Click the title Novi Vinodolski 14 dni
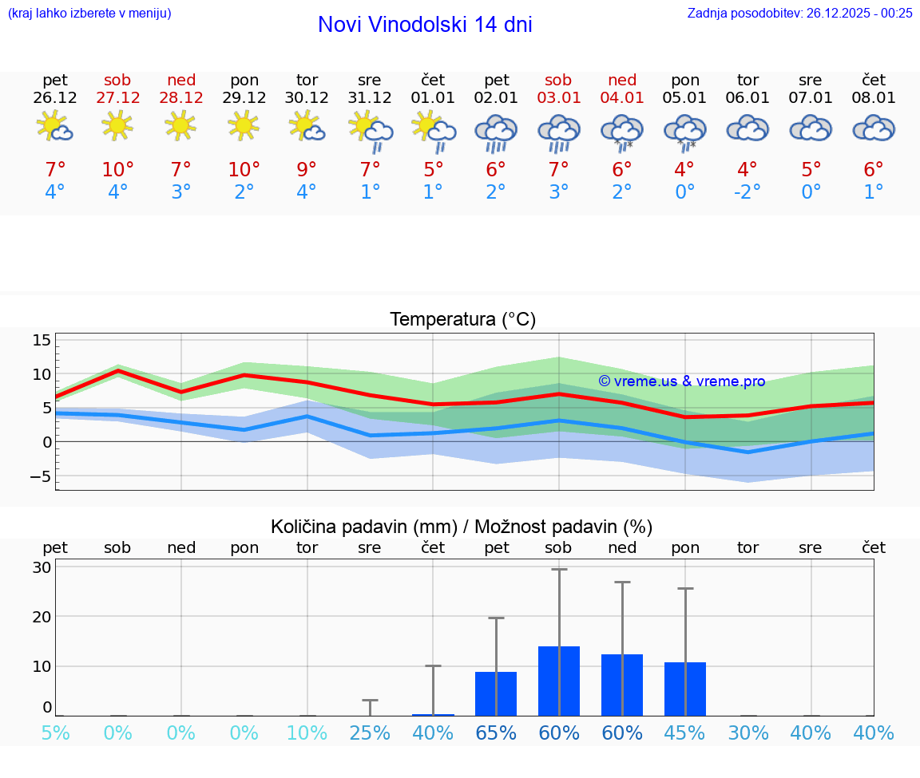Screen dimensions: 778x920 pos(425,25)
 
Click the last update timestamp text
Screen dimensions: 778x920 pos(799,13)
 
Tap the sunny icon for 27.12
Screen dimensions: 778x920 pos(117,125)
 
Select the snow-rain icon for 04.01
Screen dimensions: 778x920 pos(622,130)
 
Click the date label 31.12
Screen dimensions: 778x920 pos(370,98)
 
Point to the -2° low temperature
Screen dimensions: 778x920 pos(747,192)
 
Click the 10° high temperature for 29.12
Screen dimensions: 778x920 pos(244,170)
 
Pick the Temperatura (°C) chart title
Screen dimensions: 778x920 pos(462,320)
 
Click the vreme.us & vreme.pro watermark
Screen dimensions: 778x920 pos(681,381)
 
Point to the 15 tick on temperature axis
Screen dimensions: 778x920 pos(42,341)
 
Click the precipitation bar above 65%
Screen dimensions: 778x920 pos(496,693)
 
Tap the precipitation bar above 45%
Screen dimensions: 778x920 pos(685,689)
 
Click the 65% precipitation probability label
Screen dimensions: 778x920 pos(496,733)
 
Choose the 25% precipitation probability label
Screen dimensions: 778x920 pos(370,733)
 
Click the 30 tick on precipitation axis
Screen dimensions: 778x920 pos(42,567)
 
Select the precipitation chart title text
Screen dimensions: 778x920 pos(462,527)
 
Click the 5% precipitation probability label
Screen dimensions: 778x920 pos(55,733)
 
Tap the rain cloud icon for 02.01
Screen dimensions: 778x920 pos(496,132)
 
